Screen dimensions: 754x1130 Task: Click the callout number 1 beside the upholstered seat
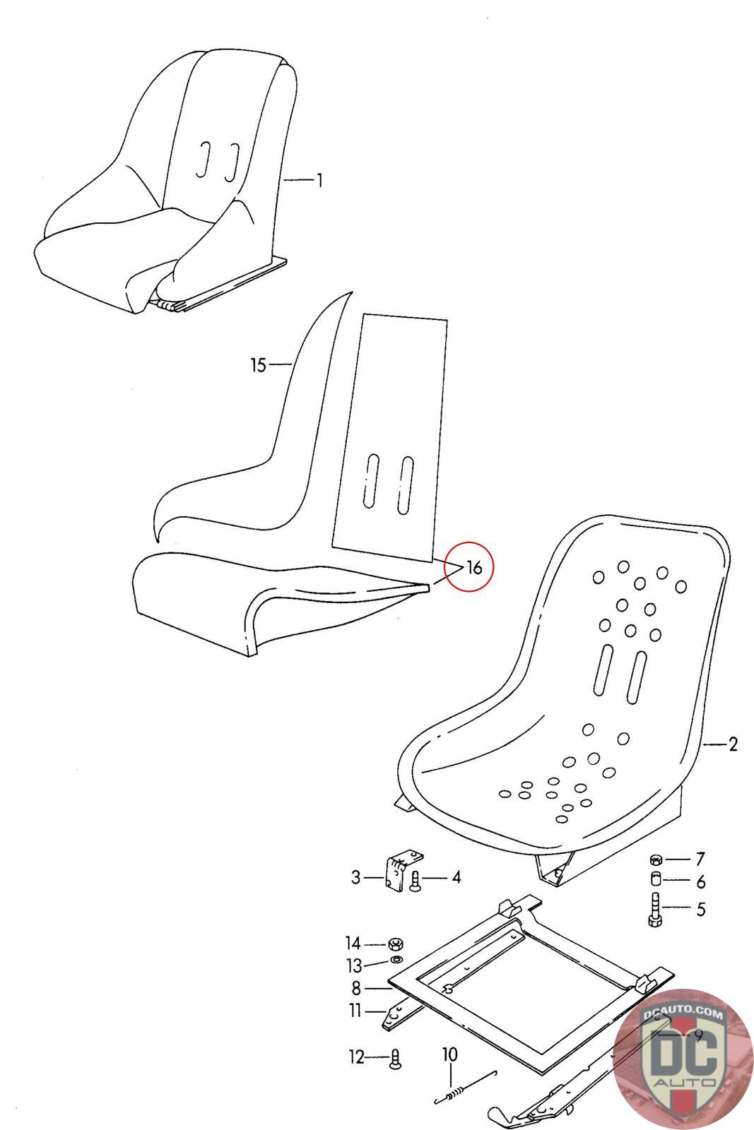[319, 180]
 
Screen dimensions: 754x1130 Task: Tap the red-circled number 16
[474, 568]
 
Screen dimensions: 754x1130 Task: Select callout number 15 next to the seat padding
[258, 364]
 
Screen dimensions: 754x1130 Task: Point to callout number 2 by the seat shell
[733, 744]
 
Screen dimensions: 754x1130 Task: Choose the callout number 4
[456, 877]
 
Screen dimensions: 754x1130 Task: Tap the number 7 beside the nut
[700, 859]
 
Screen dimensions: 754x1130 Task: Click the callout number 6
[700, 881]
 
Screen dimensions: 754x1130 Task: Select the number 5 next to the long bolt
[700, 908]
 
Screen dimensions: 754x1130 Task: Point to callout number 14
[353, 943]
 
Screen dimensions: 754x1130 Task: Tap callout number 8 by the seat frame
[356, 988]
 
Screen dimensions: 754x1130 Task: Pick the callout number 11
[355, 1011]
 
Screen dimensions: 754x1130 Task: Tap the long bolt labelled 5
[654, 910]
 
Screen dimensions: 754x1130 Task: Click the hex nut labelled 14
[395, 944]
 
